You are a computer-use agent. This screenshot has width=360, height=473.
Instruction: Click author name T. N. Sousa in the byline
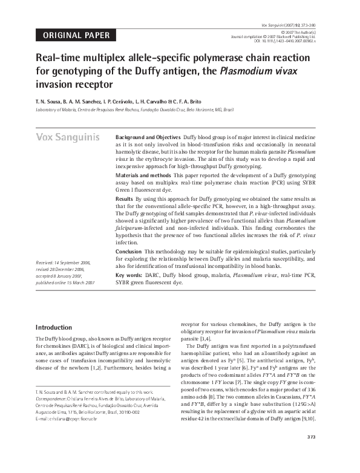[51, 101]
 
